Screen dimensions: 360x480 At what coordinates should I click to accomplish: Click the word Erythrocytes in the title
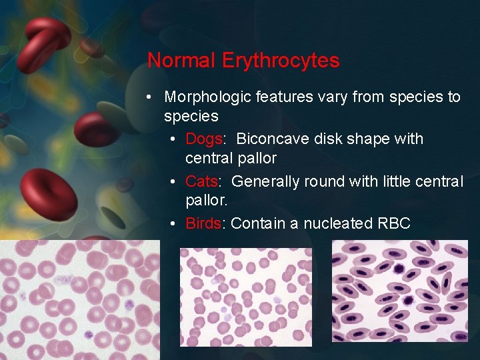[x=280, y=61]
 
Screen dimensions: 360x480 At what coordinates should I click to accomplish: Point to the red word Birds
[x=203, y=223]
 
